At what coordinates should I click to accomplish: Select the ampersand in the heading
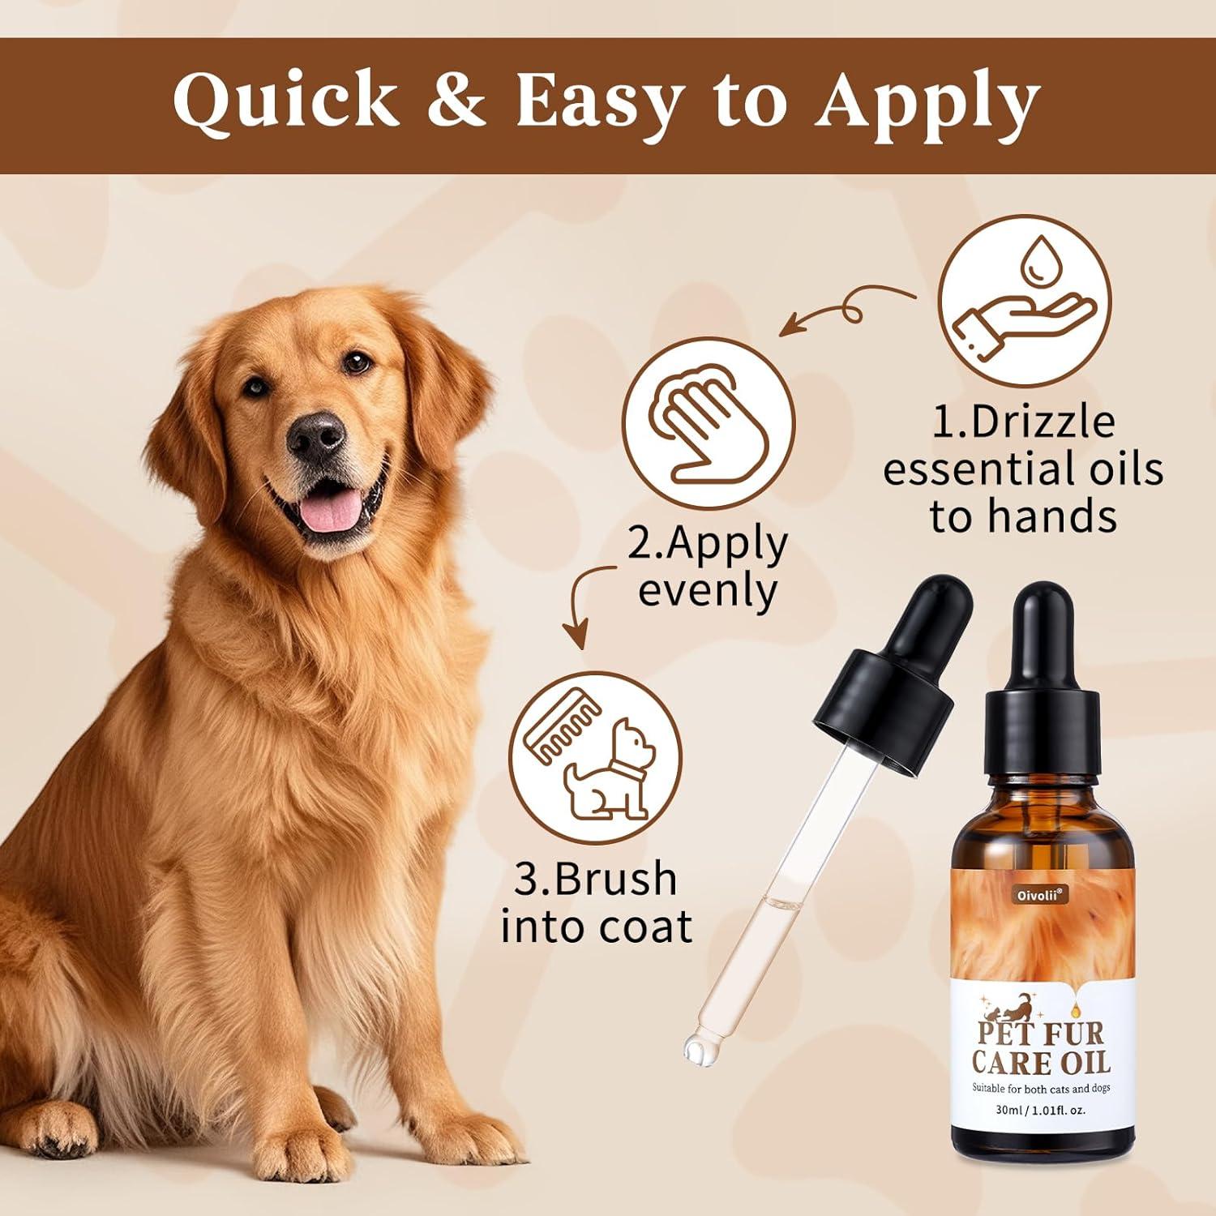(459, 103)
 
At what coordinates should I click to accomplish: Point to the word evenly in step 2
(707, 590)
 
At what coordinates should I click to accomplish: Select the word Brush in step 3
(596, 879)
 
